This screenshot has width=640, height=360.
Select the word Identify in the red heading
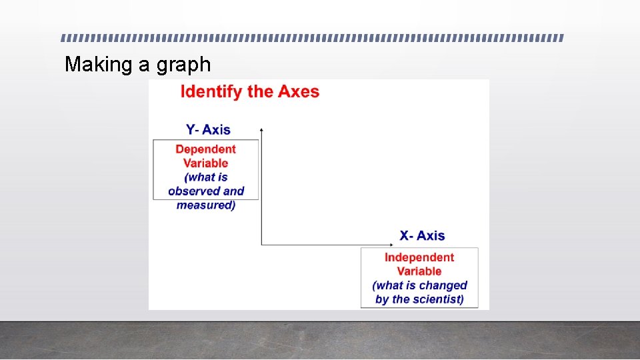click(211, 91)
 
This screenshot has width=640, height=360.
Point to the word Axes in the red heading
click(299, 91)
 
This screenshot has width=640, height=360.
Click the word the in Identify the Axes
click(260, 91)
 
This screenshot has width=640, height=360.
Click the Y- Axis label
click(208, 129)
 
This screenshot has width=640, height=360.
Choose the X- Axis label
click(422, 235)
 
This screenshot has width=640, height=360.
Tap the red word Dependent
click(205, 149)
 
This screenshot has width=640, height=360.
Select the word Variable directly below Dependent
click(205, 163)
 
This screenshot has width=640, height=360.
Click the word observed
click(195, 191)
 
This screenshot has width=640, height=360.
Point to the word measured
click(205, 205)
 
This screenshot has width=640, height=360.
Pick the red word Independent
click(419, 257)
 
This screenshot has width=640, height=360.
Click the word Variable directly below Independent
click(419, 271)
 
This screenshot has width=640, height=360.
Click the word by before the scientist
click(382, 299)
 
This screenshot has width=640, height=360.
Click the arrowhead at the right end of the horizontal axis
click(393, 245)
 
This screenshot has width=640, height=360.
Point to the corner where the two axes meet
click(261, 245)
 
